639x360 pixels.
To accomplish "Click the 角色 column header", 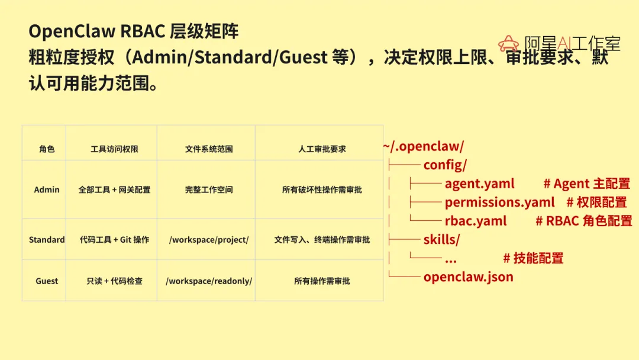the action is click(47, 149).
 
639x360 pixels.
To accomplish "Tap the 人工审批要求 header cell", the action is click(322, 149).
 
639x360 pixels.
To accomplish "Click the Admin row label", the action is click(47, 190).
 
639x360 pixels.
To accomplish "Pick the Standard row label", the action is click(47, 240).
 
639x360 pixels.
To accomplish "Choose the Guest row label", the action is click(47, 281).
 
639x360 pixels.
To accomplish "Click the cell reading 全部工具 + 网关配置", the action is click(114, 190).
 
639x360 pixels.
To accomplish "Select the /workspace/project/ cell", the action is click(209, 240).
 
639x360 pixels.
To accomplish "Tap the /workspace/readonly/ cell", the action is click(209, 281).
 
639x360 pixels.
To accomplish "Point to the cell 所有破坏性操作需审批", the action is click(322, 190).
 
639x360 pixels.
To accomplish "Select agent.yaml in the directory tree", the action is click(479, 184).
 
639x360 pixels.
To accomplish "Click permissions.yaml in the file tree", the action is click(499, 202).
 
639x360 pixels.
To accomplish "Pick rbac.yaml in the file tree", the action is click(476, 221).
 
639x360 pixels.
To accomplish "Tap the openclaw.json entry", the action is click(468, 277).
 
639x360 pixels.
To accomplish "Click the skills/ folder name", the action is click(441, 240).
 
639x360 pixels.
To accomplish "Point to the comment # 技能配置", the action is click(533, 258).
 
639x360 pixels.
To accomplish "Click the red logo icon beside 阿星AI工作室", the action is click(508, 43).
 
